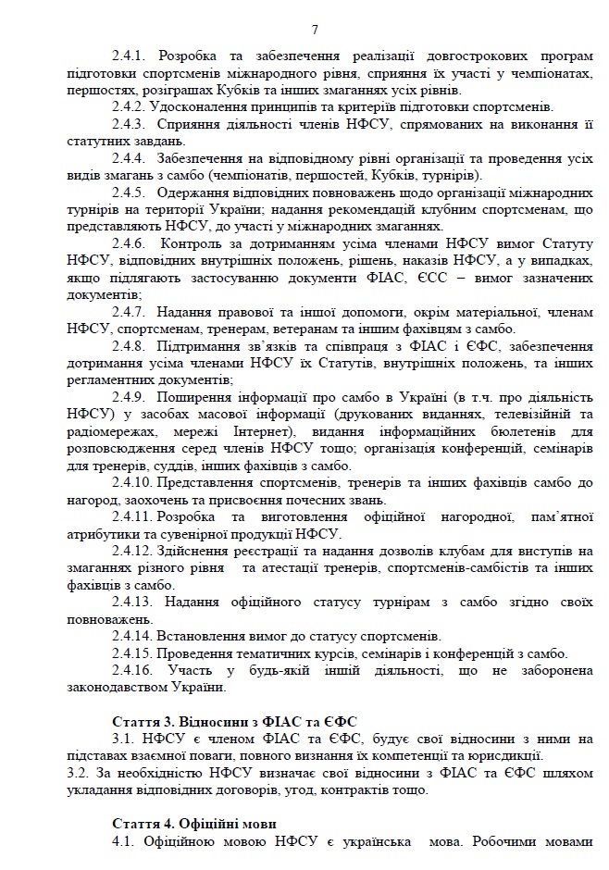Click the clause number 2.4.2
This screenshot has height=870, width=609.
pyautogui.click(x=130, y=107)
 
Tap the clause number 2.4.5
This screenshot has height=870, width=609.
pyautogui.click(x=130, y=193)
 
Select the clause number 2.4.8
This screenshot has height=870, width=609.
pyautogui.click(x=130, y=346)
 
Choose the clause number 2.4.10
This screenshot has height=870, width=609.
pyautogui.click(x=133, y=482)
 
